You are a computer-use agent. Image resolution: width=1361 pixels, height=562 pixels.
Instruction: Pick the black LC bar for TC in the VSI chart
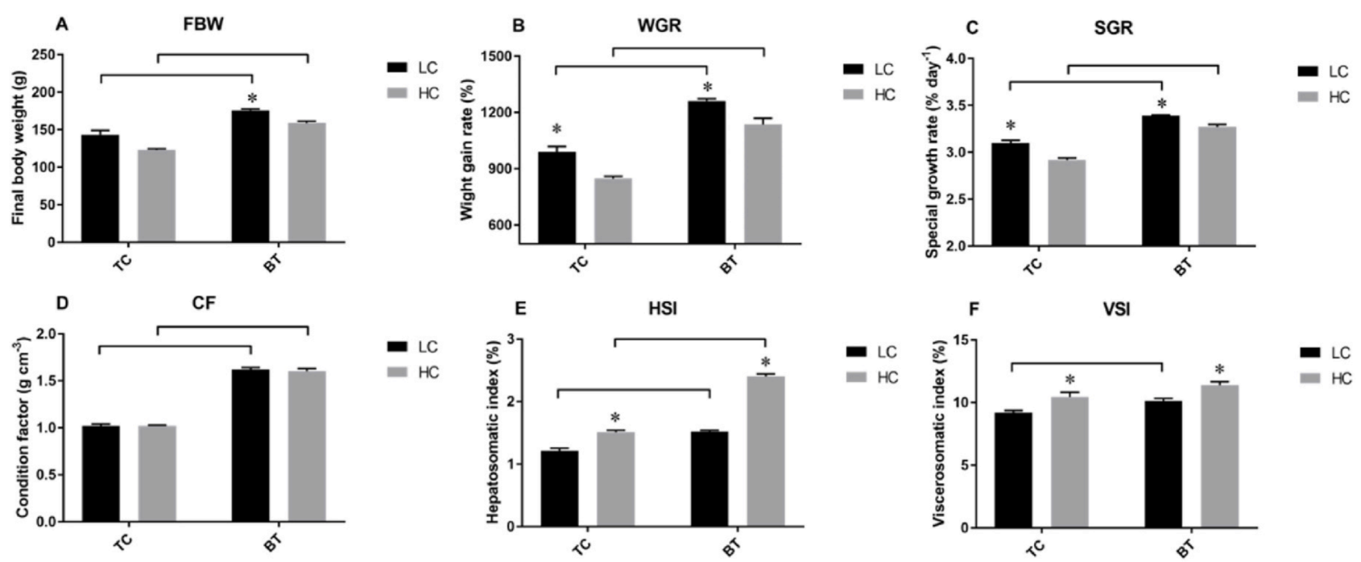coord(1013,470)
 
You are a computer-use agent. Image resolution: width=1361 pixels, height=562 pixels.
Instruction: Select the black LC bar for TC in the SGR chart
coord(1010,194)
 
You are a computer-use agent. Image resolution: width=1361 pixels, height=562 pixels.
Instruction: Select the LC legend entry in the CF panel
coord(412,347)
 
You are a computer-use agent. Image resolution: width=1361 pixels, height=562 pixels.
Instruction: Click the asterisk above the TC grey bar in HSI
coord(615,418)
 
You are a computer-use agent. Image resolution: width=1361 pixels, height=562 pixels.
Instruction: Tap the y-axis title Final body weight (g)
coord(18,147)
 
